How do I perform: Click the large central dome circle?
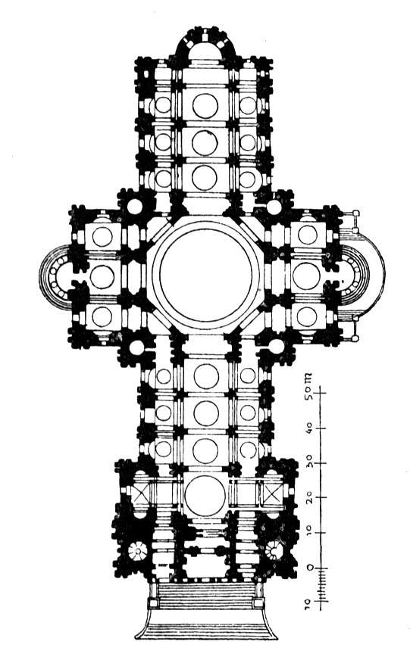[x=205, y=276]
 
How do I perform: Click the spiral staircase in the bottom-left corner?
[x=137, y=553]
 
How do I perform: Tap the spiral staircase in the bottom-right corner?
[x=275, y=550]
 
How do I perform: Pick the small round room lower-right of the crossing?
[x=276, y=346]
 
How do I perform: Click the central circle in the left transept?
[x=102, y=277]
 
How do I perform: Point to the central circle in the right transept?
[x=306, y=276]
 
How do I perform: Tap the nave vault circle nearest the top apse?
[x=205, y=105]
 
